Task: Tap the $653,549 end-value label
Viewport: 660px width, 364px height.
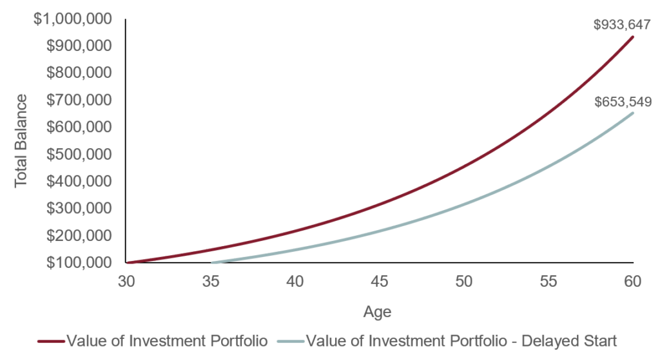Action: click(623, 101)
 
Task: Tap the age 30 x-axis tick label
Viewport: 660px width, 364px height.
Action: click(126, 282)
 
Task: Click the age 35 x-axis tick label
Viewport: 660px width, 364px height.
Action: click(211, 282)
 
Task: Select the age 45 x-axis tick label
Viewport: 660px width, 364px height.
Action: click(380, 282)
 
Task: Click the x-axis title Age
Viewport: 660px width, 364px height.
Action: click(377, 312)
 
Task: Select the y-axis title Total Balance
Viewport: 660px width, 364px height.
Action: click(22, 140)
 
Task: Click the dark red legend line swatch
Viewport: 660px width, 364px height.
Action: click(51, 341)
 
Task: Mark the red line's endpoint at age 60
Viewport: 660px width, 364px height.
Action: click(634, 37)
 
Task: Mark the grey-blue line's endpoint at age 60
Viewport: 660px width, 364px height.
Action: click(634, 113)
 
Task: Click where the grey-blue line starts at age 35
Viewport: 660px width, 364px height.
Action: click(211, 263)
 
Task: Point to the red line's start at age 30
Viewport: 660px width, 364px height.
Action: click(127, 263)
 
